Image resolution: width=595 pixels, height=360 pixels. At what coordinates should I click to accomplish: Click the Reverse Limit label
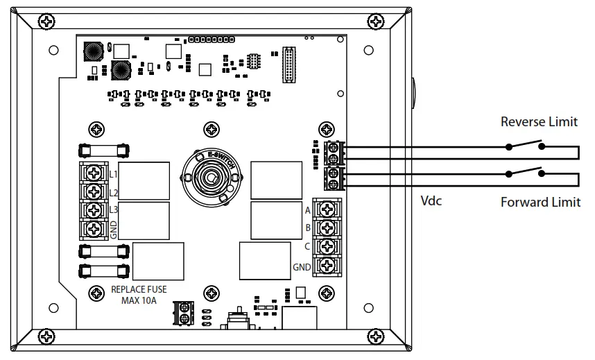(539, 122)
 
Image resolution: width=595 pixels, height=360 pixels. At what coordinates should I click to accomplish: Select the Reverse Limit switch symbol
(525, 146)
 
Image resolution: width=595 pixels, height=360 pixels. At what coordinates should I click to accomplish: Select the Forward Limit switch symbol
(525, 173)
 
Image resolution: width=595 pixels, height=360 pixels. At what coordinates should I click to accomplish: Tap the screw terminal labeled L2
(92, 191)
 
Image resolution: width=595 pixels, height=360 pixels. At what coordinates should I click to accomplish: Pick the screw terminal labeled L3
(92, 209)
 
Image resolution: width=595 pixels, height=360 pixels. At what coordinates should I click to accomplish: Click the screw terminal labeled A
(325, 209)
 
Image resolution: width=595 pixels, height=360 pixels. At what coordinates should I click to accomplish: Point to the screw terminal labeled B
(325, 228)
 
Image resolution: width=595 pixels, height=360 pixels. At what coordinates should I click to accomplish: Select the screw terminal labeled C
(325, 246)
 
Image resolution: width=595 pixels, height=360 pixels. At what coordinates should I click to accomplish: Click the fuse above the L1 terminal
(103, 149)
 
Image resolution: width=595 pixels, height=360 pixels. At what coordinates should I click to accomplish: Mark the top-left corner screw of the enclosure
(46, 23)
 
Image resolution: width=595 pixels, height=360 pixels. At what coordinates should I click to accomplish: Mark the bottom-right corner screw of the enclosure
(375, 336)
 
